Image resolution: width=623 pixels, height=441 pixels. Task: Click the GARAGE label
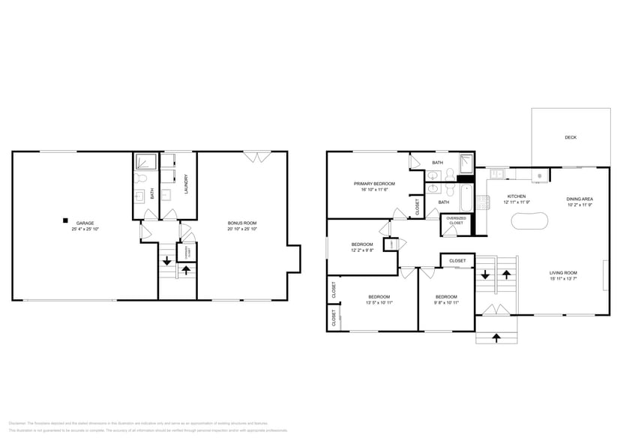click(x=85, y=223)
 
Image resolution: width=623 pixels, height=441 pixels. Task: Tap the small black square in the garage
click(x=66, y=220)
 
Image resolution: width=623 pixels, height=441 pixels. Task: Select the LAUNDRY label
click(x=185, y=184)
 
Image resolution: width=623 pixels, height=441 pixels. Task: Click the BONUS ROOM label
click(x=242, y=223)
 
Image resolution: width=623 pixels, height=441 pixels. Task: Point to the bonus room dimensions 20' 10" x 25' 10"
click(x=242, y=229)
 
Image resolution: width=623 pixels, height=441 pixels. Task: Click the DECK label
click(x=571, y=137)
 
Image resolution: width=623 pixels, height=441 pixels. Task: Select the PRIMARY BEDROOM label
click(x=374, y=183)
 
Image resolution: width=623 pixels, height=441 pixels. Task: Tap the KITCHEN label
click(x=517, y=196)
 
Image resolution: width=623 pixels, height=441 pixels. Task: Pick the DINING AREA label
click(x=580, y=199)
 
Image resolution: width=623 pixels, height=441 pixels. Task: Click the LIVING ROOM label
click(x=562, y=273)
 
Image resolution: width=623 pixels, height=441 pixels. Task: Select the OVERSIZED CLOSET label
click(x=456, y=220)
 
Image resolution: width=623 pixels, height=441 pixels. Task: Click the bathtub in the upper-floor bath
click(x=466, y=196)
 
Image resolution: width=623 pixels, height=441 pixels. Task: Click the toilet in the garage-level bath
click(x=140, y=180)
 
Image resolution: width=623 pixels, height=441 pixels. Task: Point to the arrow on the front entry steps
click(x=498, y=337)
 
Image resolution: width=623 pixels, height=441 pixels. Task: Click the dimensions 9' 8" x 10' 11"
click(x=446, y=302)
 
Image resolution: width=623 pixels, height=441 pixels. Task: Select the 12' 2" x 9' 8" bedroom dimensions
click(x=362, y=250)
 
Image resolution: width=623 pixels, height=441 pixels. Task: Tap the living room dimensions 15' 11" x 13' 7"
click(x=562, y=279)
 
